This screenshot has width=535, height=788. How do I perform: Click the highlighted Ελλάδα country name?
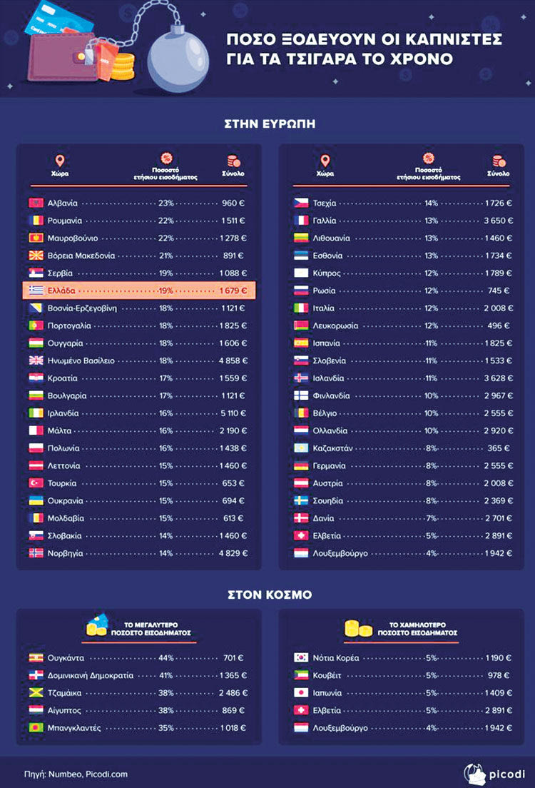point(61,291)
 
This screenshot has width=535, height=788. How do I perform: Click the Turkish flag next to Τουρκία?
point(35,483)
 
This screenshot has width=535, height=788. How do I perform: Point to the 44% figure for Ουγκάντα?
point(166,658)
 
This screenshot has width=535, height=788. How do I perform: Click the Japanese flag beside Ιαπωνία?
point(301,693)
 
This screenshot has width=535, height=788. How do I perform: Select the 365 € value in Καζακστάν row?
point(499,448)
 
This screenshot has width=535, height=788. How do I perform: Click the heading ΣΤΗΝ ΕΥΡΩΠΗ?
point(267,123)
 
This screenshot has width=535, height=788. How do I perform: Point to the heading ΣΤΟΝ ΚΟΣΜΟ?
point(267,594)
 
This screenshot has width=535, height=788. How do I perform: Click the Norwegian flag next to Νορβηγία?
point(35,553)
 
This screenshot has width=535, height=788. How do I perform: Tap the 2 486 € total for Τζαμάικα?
point(233,693)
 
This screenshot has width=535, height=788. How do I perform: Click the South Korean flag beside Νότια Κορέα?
point(301,658)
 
